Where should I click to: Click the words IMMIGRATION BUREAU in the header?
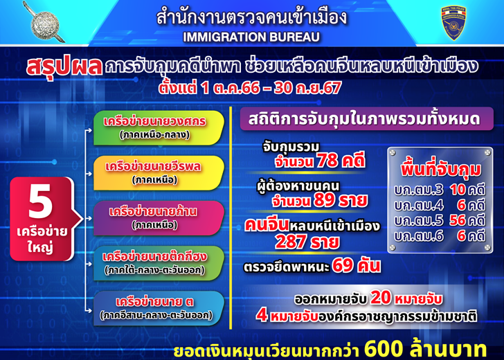251,37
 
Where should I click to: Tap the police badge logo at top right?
453,22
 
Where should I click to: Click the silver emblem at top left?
45,23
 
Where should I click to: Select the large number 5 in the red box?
40,201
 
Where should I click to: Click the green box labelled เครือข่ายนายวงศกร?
159,128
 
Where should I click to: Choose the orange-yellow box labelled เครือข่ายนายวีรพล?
159,173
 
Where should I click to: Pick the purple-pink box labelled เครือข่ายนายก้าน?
159,218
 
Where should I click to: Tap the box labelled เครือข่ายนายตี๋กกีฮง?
159,263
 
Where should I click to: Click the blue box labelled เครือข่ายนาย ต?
159,308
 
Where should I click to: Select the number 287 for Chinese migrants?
290,242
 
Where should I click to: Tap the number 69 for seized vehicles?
343,266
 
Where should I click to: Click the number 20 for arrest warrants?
381,298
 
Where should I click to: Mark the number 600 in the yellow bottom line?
384,350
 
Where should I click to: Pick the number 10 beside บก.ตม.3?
458,190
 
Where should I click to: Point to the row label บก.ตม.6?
418,236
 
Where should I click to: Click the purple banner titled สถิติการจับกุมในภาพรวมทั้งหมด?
367,119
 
